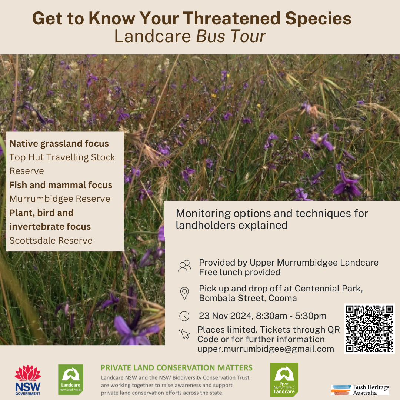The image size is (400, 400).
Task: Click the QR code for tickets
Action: [x=369, y=329]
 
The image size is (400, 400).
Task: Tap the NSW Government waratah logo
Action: [x=28, y=380]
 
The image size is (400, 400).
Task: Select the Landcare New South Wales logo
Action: [x=71, y=379]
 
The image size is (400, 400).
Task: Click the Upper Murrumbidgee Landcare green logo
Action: [x=284, y=380]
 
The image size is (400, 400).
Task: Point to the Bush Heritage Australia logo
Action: [x=360, y=390]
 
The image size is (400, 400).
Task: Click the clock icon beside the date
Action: [x=184, y=316]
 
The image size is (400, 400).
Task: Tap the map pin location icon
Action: [x=184, y=293]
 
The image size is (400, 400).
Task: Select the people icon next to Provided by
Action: [x=184, y=266]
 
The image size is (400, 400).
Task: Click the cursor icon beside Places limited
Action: [x=184, y=334]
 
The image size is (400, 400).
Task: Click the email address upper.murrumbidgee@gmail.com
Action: [x=266, y=349]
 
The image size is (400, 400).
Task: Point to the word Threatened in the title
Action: [x=231, y=19]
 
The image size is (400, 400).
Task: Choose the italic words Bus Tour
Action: [x=231, y=36]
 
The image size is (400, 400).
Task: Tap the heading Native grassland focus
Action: [x=59, y=144]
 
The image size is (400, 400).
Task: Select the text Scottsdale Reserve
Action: [x=51, y=241]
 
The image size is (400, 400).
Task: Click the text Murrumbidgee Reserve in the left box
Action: [x=60, y=199]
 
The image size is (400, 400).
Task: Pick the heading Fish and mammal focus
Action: [x=61, y=185]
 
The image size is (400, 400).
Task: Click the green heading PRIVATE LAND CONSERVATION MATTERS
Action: [x=177, y=368]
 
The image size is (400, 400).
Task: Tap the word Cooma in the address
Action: [x=282, y=298]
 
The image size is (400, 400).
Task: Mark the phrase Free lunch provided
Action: [x=240, y=272]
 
